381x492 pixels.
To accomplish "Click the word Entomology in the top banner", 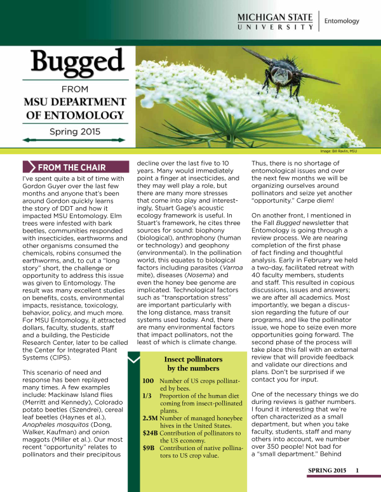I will [x=341, y=21].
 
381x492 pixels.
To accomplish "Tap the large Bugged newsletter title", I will [x=69, y=61].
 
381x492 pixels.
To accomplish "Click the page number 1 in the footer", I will [x=358, y=470].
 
